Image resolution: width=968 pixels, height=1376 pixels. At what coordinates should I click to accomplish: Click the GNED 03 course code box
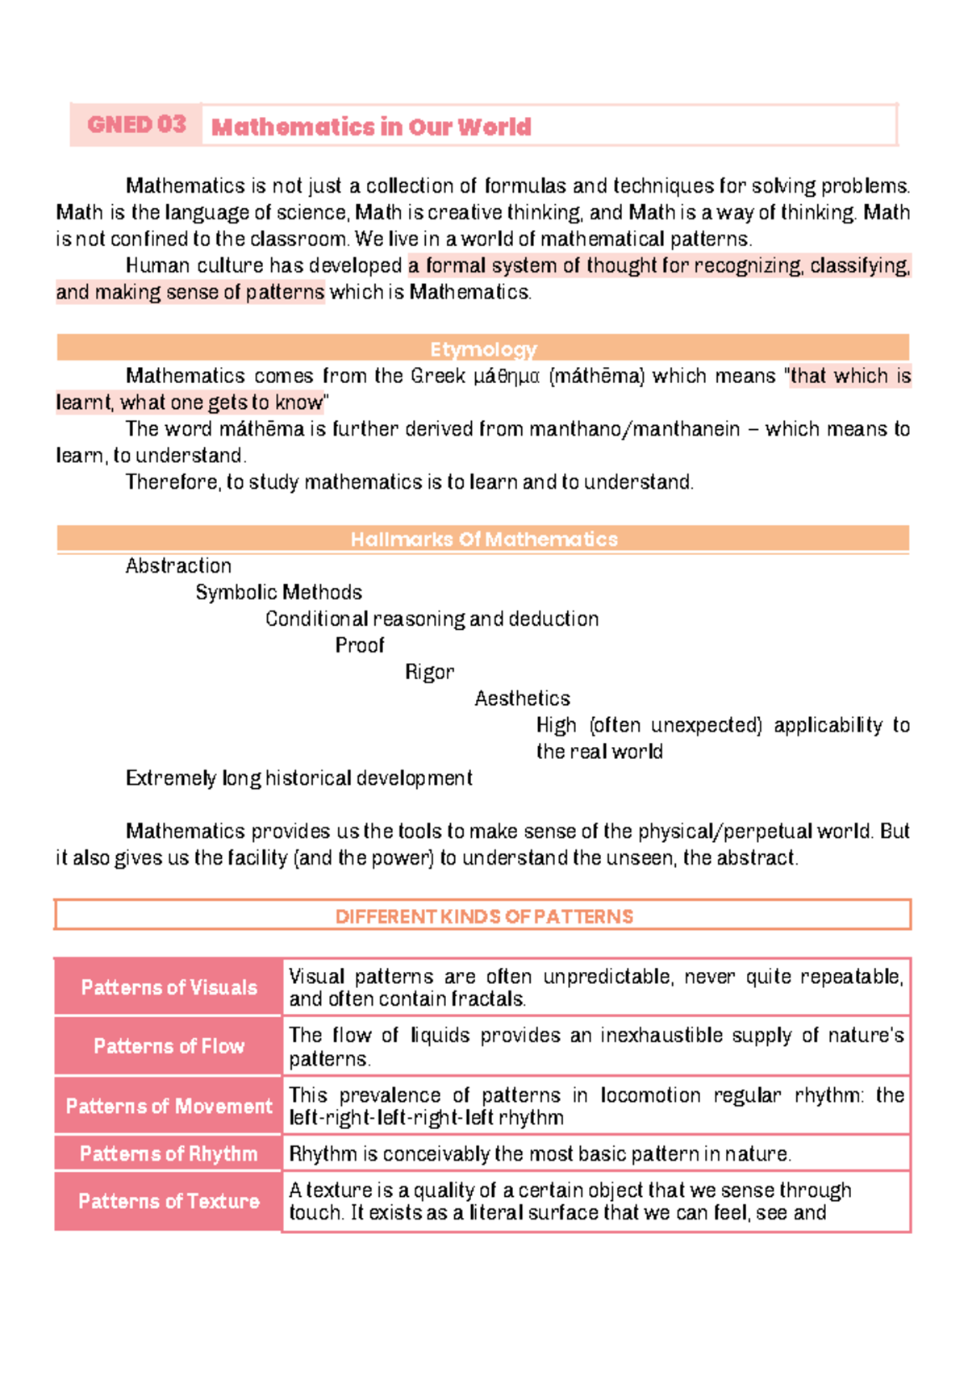136,125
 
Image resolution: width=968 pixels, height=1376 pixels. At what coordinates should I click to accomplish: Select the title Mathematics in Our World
371,127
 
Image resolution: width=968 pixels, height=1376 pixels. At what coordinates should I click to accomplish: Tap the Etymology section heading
483,349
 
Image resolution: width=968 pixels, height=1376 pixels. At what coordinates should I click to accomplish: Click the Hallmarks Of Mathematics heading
484,540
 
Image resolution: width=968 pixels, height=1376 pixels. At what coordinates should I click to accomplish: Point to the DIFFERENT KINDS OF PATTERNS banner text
484,916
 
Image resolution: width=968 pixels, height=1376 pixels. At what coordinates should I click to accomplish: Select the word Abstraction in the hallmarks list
178,566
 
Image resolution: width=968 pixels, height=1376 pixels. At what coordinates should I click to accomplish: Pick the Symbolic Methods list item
278,593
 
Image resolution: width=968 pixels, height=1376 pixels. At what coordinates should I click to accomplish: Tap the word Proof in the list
360,646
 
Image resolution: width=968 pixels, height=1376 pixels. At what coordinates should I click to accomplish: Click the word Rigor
429,673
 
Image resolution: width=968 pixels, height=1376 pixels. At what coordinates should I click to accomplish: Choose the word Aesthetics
522,698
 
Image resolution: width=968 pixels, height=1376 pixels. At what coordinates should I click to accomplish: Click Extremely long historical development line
298,778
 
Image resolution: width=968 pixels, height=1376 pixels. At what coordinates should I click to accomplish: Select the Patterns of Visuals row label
169,987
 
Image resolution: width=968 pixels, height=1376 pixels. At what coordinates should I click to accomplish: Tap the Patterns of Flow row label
169,1046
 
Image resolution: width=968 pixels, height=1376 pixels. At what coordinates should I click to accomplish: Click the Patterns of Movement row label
169,1106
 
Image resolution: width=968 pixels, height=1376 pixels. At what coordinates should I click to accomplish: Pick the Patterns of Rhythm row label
169,1154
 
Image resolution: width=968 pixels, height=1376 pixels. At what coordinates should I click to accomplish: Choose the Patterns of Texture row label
169,1201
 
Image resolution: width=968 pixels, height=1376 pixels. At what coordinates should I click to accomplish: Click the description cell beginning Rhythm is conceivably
540,1154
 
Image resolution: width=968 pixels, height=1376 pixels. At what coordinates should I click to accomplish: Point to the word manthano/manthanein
630,429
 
